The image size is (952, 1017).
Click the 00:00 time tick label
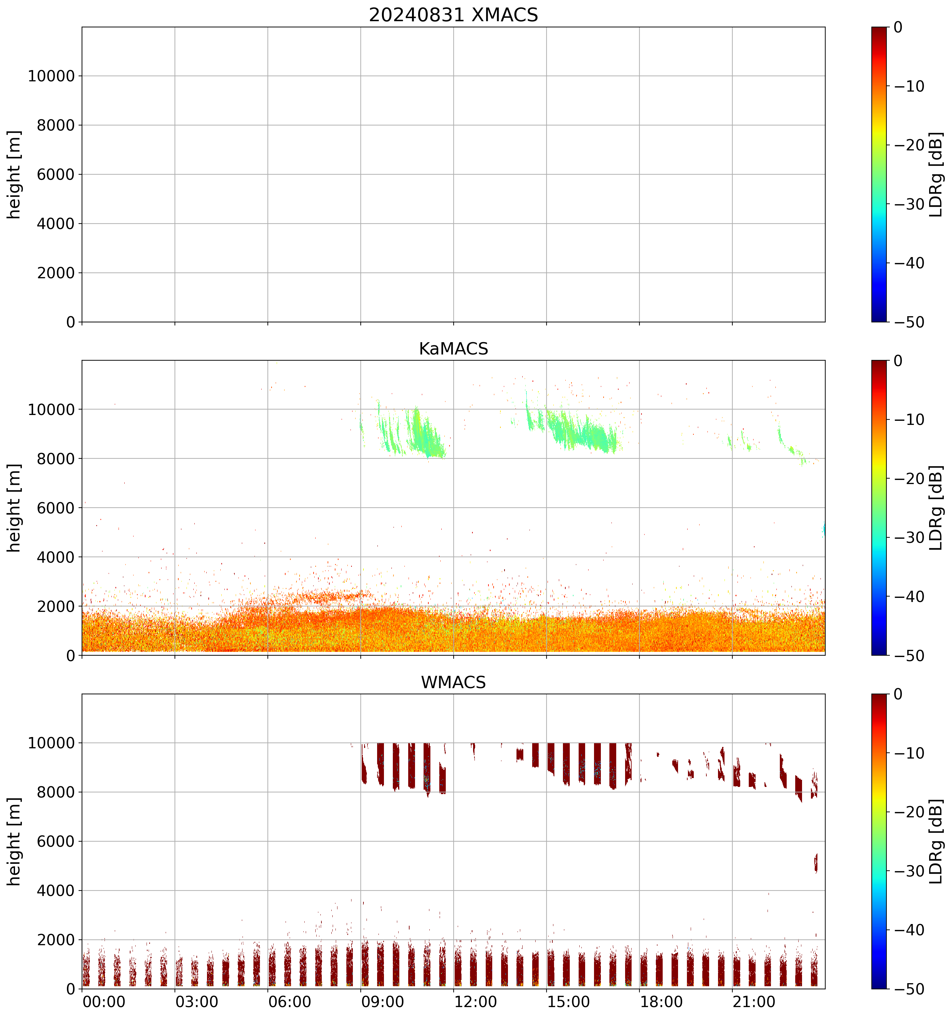104,1002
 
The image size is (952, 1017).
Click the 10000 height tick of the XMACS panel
51,76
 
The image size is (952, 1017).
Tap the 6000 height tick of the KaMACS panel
56,508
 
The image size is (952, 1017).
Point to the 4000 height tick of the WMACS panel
56,891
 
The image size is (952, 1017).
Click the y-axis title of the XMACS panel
14,174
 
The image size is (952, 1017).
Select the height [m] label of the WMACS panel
14,842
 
